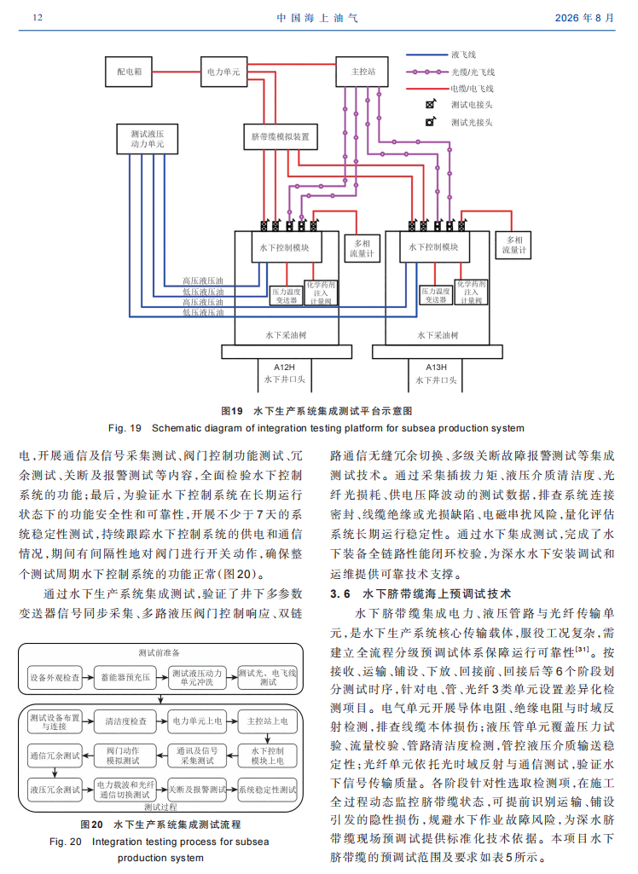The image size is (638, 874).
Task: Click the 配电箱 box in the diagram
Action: click(129, 72)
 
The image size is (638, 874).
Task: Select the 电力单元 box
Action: click(223, 72)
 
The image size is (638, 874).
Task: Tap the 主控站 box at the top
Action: click(362, 72)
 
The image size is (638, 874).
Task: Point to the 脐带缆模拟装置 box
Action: click(281, 136)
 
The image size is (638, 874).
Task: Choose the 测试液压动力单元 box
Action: click(148, 139)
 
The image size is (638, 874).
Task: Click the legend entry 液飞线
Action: click(463, 55)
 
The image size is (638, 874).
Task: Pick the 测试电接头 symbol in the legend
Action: click(431, 104)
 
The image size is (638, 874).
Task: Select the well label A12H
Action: click(284, 368)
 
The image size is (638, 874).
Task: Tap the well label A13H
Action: click(436, 368)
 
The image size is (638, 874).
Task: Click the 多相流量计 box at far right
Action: click(513, 246)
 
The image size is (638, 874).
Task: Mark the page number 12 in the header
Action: click(38, 17)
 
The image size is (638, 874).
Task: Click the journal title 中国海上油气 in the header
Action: click(317, 18)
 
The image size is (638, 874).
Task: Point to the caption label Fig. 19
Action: click(125, 428)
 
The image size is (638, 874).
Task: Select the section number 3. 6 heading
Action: click(340, 593)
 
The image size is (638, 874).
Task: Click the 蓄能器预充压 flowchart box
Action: click(125, 677)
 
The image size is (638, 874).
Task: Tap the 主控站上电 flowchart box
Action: click(268, 721)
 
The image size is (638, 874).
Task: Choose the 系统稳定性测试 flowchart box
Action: click(268, 790)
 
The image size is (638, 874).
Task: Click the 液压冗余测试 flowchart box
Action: click(55, 790)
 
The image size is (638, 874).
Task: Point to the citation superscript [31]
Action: click(582, 649)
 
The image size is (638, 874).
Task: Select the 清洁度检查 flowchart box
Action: click(125, 721)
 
